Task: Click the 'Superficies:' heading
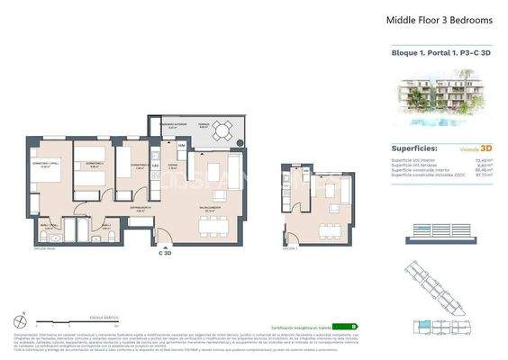pos(414,148)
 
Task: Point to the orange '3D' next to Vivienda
pos(485,148)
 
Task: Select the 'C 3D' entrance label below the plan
pos(165,254)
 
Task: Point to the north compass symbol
pos(21,319)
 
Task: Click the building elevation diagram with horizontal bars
pos(440,230)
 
